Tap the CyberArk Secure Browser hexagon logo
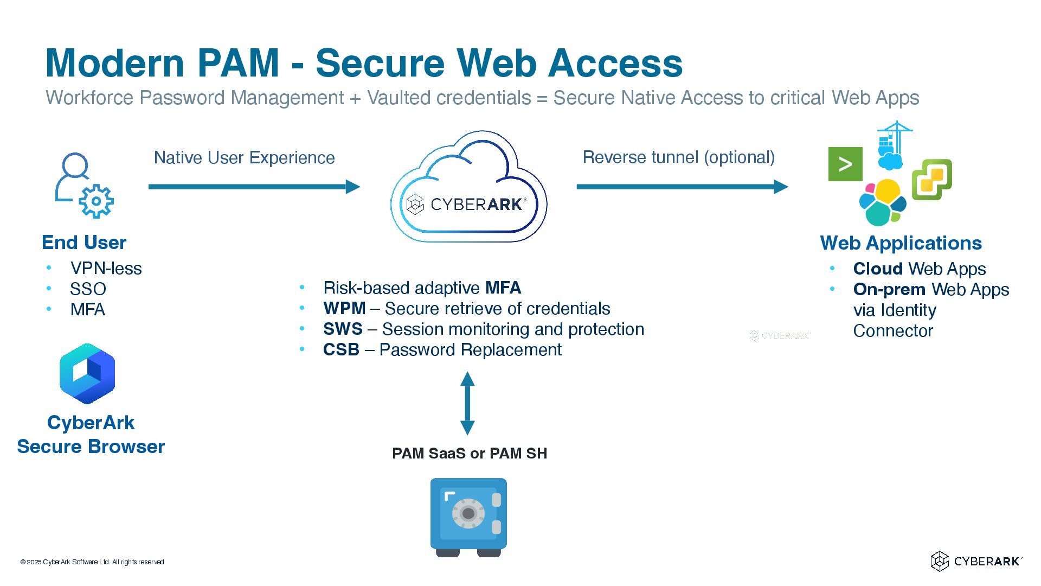[x=87, y=373]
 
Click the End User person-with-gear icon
[x=84, y=185]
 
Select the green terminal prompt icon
[x=845, y=164]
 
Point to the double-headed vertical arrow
[x=467, y=403]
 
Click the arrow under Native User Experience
[x=254, y=187]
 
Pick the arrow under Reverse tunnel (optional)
[x=682, y=187]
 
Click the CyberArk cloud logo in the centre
[x=468, y=187]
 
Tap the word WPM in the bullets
[x=344, y=308]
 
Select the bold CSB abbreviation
[x=341, y=349]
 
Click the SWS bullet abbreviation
[x=343, y=329]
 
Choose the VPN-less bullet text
[x=106, y=268]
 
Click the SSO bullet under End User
[x=88, y=289]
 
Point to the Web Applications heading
[x=901, y=243]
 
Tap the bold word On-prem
[x=889, y=289]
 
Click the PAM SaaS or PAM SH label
[x=470, y=453]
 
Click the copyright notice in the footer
[x=92, y=562]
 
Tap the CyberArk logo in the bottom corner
[x=976, y=561]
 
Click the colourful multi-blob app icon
[x=882, y=202]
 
